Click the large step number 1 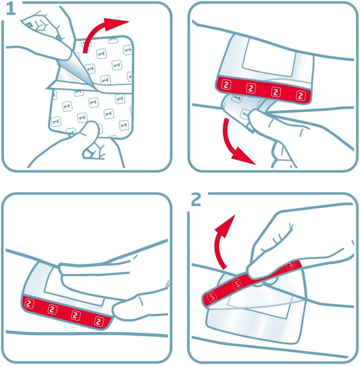pos(11,9)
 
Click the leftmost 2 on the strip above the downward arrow pos(226,85)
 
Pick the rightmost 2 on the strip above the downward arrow pos(301,95)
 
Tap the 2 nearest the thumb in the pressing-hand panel pos(99,321)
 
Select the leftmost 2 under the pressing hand pos(29,303)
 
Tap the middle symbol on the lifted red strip pos(237,284)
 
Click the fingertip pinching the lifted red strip pos(253,272)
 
